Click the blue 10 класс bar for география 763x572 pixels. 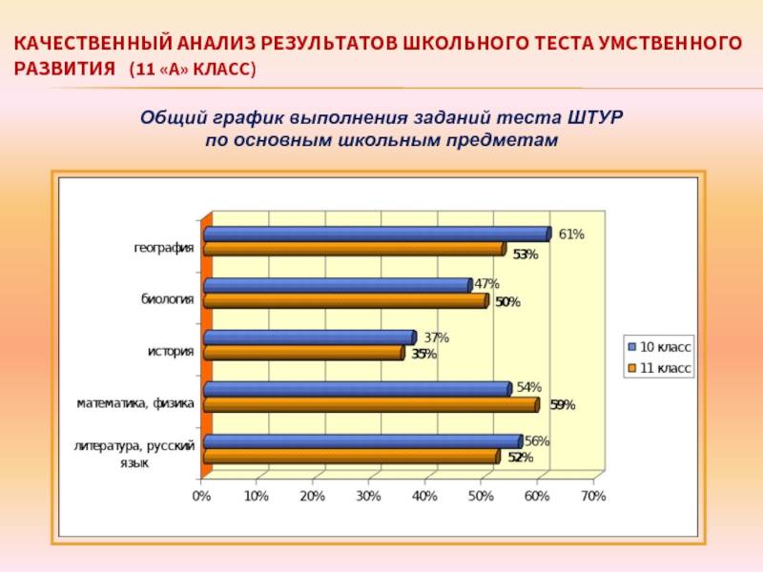point(377,234)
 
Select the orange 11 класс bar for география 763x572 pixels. point(354,249)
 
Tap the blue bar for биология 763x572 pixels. point(338,285)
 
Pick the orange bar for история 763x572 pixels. point(303,353)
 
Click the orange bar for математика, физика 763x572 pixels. point(371,404)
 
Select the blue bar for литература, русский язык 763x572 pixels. point(362,441)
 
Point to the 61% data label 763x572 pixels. point(571,234)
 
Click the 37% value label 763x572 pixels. point(436,337)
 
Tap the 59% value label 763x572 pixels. point(562,404)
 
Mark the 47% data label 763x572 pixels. point(486,284)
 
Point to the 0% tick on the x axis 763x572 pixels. point(201,497)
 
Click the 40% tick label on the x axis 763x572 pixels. point(424,497)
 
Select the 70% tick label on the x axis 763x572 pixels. point(592,497)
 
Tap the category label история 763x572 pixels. point(171,352)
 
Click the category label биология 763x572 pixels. point(168,299)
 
